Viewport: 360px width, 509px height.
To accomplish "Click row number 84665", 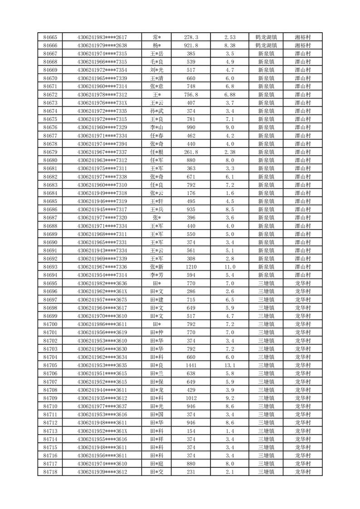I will tap(50, 37).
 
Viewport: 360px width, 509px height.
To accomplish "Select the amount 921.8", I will tap(191, 45).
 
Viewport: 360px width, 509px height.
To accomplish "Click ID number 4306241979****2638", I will tap(102, 45).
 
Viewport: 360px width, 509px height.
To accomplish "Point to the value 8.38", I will tap(229, 45).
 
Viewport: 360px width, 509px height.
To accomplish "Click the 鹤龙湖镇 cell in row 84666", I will tap(266, 45).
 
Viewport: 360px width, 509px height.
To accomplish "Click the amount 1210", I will tap(191, 267).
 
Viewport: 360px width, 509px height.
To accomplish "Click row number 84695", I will tap(50, 283).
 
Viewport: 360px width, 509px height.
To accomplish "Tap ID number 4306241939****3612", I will tap(102, 472).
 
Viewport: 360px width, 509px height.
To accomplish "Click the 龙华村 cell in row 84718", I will tap(302, 472).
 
